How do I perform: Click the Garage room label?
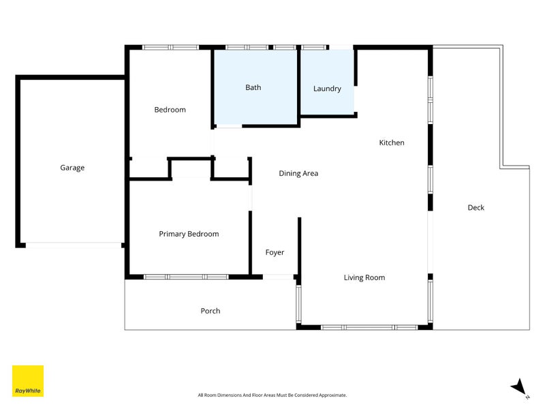(x=72, y=168)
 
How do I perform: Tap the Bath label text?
(x=253, y=87)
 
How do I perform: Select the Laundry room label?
(x=327, y=89)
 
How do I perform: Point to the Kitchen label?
(x=392, y=142)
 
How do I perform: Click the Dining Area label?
(x=298, y=173)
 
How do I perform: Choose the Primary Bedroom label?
(x=189, y=234)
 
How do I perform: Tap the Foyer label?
(x=275, y=252)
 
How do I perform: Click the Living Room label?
(x=364, y=277)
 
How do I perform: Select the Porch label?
(x=211, y=311)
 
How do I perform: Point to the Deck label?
(x=476, y=207)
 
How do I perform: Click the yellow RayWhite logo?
(x=28, y=381)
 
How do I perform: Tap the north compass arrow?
(x=520, y=387)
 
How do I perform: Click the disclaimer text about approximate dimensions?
(x=272, y=395)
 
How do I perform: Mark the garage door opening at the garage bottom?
(x=74, y=244)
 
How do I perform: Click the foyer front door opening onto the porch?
(x=278, y=277)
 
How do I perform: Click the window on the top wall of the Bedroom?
(x=170, y=47)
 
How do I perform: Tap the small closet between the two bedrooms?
(x=190, y=168)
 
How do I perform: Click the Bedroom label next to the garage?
(x=170, y=110)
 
